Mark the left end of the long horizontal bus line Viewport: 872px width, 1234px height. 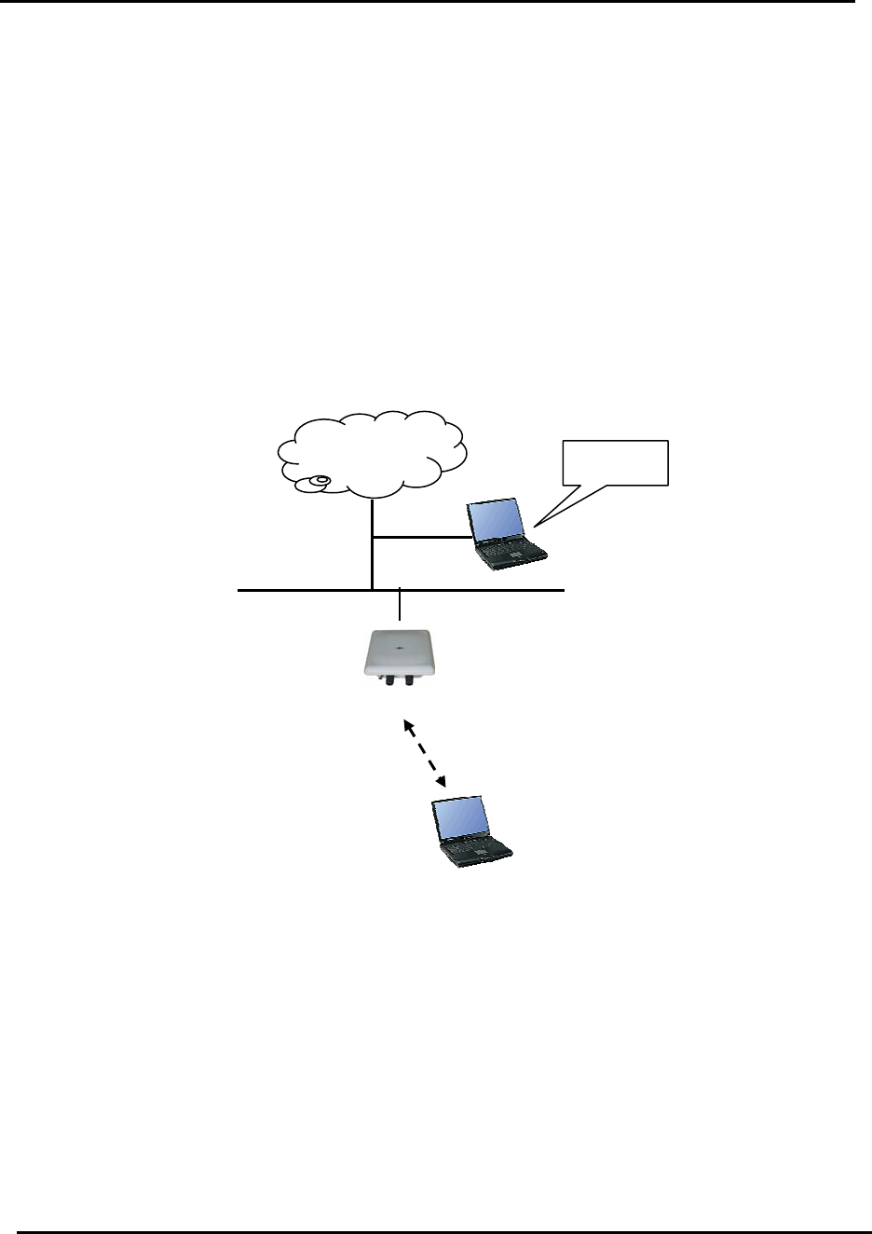click(240, 590)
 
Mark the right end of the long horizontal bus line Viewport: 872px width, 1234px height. click(563, 590)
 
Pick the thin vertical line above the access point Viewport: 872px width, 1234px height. click(400, 606)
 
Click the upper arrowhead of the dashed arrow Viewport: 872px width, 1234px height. click(407, 723)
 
